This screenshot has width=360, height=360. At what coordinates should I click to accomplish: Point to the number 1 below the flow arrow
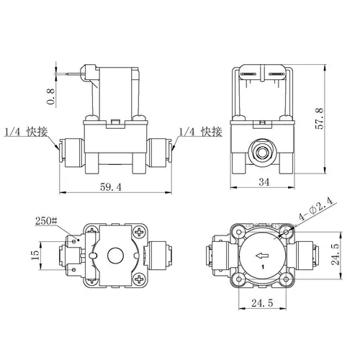[x=262, y=268]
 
